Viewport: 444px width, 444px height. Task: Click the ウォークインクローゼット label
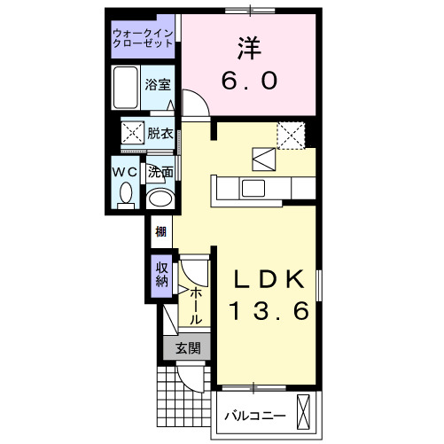(144, 39)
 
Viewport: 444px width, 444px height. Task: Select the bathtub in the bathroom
(126, 87)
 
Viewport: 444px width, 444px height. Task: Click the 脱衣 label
(160, 134)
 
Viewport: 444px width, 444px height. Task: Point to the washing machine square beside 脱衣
(133, 135)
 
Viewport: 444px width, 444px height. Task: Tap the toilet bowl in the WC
(125, 191)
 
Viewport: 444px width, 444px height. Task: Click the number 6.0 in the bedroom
(249, 81)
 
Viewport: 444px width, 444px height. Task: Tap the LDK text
(270, 280)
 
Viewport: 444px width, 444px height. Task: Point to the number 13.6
(270, 311)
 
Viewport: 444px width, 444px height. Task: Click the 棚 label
(160, 233)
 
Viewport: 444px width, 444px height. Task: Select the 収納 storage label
(161, 276)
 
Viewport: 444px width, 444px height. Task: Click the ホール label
(196, 303)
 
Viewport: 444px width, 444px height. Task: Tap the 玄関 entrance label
(187, 348)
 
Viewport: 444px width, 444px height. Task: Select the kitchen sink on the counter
(253, 189)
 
